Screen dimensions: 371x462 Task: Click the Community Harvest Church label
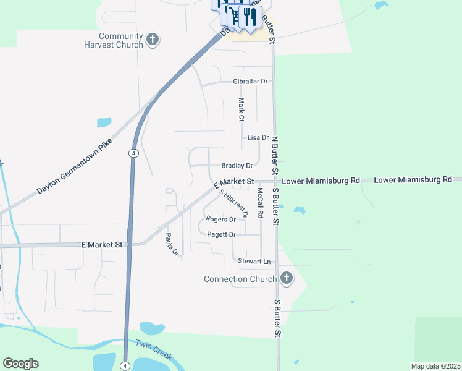[x=114, y=41]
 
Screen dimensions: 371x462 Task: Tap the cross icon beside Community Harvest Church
[x=153, y=41]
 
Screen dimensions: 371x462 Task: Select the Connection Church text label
[x=240, y=279]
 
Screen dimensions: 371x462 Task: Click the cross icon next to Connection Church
[x=286, y=278]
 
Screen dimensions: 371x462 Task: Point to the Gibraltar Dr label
[x=250, y=81]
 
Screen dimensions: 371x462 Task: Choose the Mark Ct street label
[x=241, y=109]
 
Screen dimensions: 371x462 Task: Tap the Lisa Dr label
[x=258, y=137]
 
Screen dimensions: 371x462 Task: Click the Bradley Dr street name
[x=237, y=166]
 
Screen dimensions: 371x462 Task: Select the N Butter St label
[x=275, y=155]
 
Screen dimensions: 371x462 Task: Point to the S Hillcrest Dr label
[x=234, y=203]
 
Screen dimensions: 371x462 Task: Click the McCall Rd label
[x=261, y=203]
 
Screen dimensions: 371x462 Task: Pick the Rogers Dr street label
[x=221, y=219]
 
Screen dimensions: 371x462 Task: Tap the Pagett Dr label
[x=221, y=235]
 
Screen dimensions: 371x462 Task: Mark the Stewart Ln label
[x=254, y=262]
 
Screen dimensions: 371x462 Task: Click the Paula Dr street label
[x=171, y=244]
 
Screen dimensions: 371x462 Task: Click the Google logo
[x=20, y=364]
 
